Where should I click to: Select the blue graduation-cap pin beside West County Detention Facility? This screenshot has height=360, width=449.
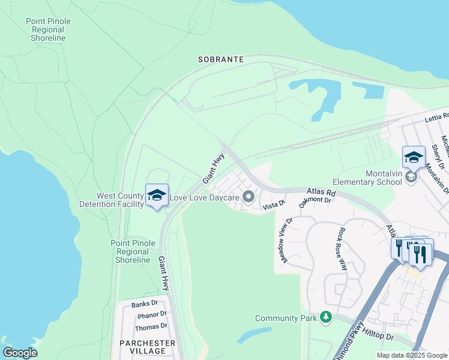click(x=157, y=196)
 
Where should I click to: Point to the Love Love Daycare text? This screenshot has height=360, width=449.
click(x=205, y=197)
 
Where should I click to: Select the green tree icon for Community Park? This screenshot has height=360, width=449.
click(x=326, y=317)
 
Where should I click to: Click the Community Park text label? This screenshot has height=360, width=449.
click(x=286, y=318)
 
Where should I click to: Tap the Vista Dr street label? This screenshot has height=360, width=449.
click(x=273, y=205)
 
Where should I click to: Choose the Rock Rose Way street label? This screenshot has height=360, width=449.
click(x=343, y=248)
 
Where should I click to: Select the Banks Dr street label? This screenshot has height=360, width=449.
click(x=144, y=304)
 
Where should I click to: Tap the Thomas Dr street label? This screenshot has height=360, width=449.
click(x=151, y=326)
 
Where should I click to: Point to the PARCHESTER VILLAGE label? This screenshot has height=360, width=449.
click(x=147, y=347)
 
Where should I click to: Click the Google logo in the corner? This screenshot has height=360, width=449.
click(x=20, y=353)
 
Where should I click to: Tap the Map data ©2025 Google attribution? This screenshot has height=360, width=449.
click(x=411, y=355)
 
